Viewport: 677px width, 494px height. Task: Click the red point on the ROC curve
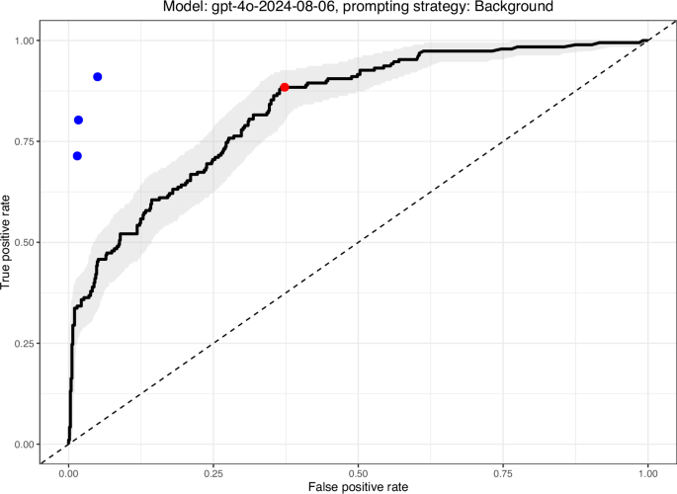(285, 87)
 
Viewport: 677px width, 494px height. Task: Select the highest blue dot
(98, 76)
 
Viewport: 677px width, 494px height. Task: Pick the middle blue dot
(79, 120)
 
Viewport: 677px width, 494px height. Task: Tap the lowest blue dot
(77, 155)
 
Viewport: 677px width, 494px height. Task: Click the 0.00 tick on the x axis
(68, 473)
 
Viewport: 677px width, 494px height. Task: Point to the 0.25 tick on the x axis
(213, 473)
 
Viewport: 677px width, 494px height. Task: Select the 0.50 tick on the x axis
(358, 473)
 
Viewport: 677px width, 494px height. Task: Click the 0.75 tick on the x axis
(503, 473)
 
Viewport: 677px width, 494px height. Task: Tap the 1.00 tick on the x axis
(647, 473)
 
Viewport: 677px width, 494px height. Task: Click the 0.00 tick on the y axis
(26, 445)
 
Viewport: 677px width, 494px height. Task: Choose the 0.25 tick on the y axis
(26, 344)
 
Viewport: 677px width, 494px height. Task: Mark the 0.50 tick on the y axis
(26, 242)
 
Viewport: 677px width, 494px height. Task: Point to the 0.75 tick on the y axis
(26, 141)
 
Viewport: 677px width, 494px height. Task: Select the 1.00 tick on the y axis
(26, 41)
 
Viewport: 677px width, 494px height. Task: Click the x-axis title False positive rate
(358, 487)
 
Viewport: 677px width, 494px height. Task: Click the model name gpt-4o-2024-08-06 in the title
(296, 8)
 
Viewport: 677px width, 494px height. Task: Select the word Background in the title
(517, 8)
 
